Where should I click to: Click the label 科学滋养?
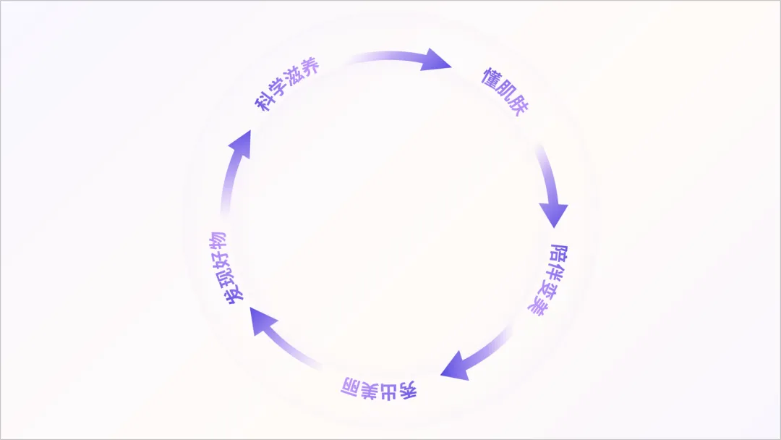(287, 85)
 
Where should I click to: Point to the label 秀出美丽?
(379, 389)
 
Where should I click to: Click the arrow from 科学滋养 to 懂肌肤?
(405, 60)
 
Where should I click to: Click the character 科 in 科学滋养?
(263, 101)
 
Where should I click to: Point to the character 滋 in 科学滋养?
(297, 78)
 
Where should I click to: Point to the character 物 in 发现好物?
(218, 242)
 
